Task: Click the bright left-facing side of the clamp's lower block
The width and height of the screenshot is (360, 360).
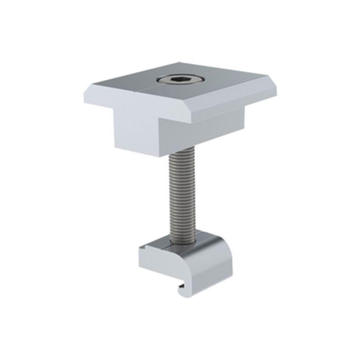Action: click(137, 130)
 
